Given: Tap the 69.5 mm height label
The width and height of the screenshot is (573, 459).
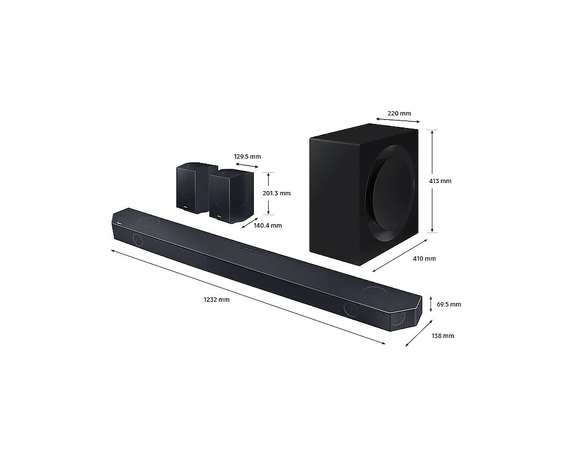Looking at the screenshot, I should (x=449, y=305).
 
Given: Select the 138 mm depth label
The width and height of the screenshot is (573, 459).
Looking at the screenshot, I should (x=442, y=336).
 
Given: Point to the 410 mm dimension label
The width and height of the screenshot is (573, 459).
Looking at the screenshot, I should (x=424, y=259).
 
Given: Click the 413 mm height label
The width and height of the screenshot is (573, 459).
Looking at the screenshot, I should (x=440, y=181).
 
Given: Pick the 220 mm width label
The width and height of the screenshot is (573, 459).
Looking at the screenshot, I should (x=399, y=114).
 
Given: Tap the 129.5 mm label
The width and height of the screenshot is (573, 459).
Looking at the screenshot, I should (x=247, y=157).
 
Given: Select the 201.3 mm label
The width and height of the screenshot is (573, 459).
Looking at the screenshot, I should (x=276, y=193).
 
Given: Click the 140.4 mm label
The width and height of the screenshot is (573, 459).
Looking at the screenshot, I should (x=268, y=225).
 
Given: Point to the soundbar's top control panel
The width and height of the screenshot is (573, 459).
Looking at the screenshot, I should (x=251, y=249).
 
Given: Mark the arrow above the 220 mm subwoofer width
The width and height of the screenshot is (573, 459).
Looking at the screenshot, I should (x=398, y=120).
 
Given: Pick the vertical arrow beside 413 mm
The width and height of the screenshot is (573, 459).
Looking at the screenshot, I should (x=434, y=181).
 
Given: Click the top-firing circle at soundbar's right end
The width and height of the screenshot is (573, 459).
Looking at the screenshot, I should (x=374, y=293).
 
